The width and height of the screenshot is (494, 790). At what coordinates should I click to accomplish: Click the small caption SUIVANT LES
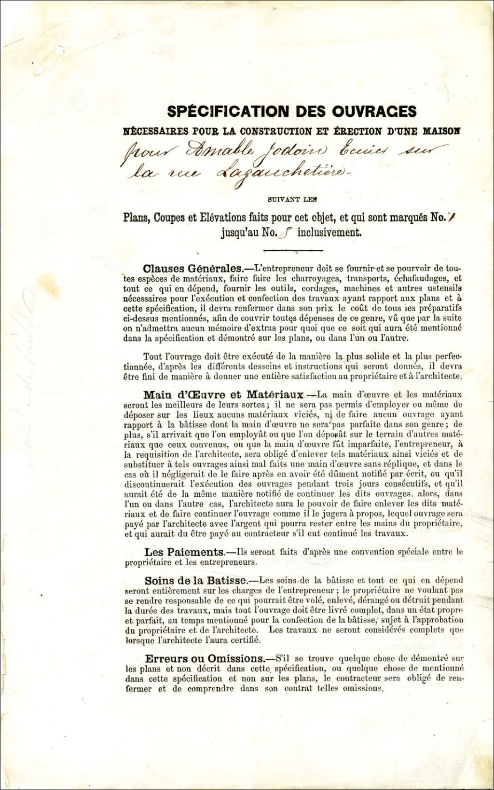click(x=290, y=199)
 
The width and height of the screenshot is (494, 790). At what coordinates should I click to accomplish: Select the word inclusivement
click(x=329, y=232)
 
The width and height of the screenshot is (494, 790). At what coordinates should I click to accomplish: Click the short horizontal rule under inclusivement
click(x=293, y=250)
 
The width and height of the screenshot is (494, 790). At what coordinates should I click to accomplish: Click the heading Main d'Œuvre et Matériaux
click(x=223, y=395)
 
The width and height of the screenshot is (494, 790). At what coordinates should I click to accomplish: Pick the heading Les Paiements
click(x=184, y=552)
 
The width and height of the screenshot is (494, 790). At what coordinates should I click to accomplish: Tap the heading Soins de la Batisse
click(x=196, y=581)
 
